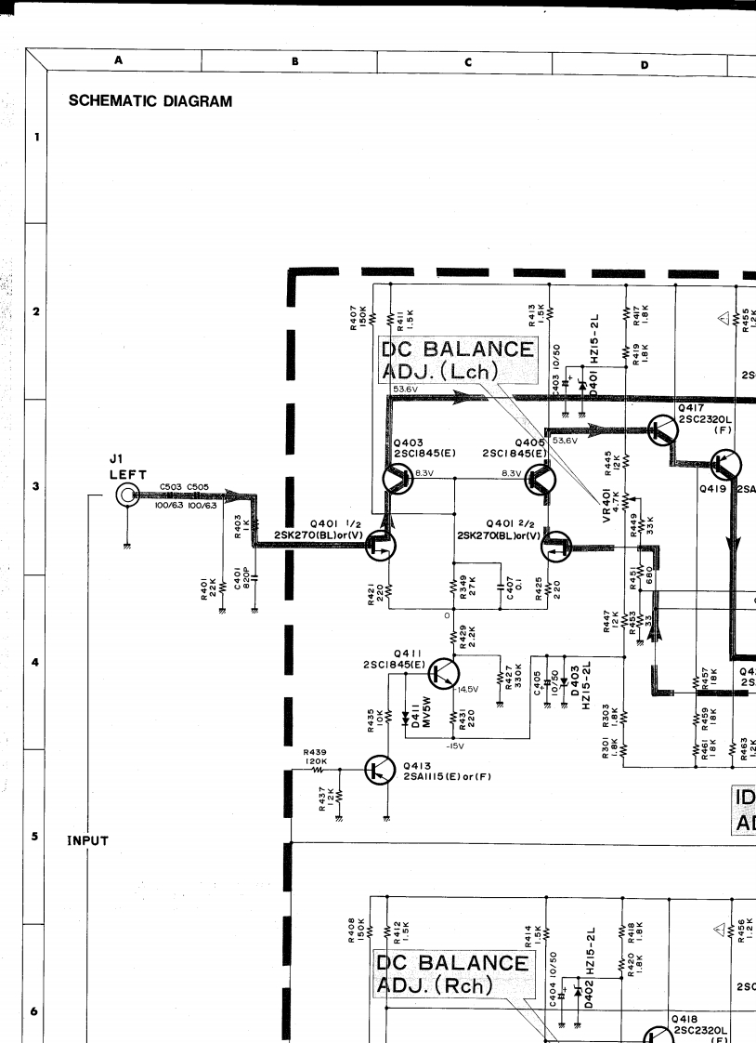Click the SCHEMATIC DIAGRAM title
[150, 101]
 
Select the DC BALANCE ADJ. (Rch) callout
[452, 973]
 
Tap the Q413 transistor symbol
[381, 771]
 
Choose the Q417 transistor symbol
[664, 429]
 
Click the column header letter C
[468, 61]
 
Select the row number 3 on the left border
[36, 486]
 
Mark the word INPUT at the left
[89, 841]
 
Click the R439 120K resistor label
[316, 757]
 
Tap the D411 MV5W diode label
[415, 719]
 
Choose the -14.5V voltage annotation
[465, 690]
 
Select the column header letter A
[119, 60]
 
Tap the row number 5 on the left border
[36, 837]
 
